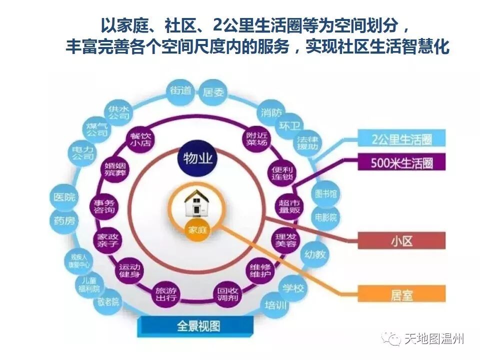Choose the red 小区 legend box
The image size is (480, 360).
tap(401, 241)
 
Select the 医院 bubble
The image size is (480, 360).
tap(65, 197)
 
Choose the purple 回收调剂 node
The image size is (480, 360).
tap(227, 293)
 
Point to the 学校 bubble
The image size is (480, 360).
tap(293, 288)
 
